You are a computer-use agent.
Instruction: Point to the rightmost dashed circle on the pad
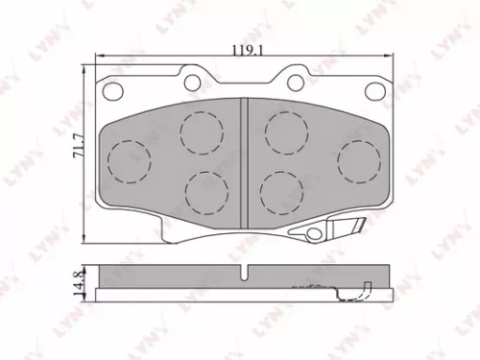(x=359, y=157)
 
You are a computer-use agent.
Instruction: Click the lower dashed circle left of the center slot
(x=205, y=189)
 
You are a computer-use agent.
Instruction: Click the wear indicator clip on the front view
(x=338, y=228)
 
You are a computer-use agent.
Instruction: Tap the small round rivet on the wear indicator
(x=312, y=233)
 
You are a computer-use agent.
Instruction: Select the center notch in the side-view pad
(x=246, y=274)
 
